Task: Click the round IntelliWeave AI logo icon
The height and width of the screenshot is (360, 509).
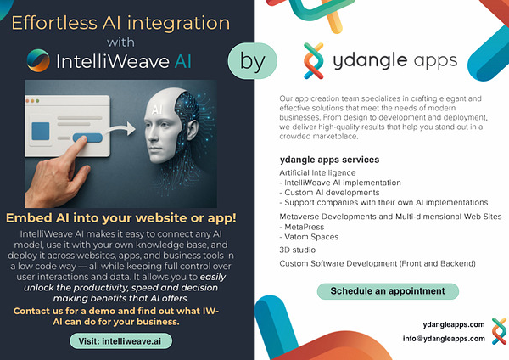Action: pyautogui.click(x=38, y=60)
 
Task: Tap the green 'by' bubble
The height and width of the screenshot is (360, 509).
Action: pyautogui.click(x=253, y=61)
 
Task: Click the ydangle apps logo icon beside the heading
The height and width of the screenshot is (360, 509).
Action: pyautogui.click(x=314, y=61)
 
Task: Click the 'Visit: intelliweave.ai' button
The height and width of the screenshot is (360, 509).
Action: pyautogui.click(x=120, y=341)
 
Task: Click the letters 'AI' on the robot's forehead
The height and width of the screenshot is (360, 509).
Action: pyautogui.click(x=157, y=110)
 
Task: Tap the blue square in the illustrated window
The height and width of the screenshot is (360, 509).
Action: pyautogui.click(x=41, y=132)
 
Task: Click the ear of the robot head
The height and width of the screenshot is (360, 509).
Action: pyautogui.click(x=193, y=130)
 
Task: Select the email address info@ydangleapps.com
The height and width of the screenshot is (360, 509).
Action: pyautogui.click(x=444, y=339)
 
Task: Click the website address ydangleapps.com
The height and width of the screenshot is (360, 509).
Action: pyautogui.click(x=454, y=324)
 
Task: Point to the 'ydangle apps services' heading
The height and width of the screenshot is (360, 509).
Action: pyautogui.click(x=329, y=160)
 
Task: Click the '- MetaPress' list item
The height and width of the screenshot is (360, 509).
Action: pyautogui.click(x=301, y=227)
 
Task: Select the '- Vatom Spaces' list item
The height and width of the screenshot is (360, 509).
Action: pyautogui.click(x=309, y=237)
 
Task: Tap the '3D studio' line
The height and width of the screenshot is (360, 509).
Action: pyautogui.click(x=298, y=250)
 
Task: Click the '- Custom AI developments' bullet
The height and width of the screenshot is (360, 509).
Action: pyautogui.click(x=329, y=193)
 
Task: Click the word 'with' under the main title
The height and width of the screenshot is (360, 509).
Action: pyautogui.click(x=120, y=42)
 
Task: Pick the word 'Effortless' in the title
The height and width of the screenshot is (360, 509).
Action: pyautogui.click(x=54, y=23)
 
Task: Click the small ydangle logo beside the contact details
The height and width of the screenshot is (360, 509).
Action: pyautogui.click(x=499, y=331)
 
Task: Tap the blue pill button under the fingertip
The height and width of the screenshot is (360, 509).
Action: pyautogui.click(x=88, y=138)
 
